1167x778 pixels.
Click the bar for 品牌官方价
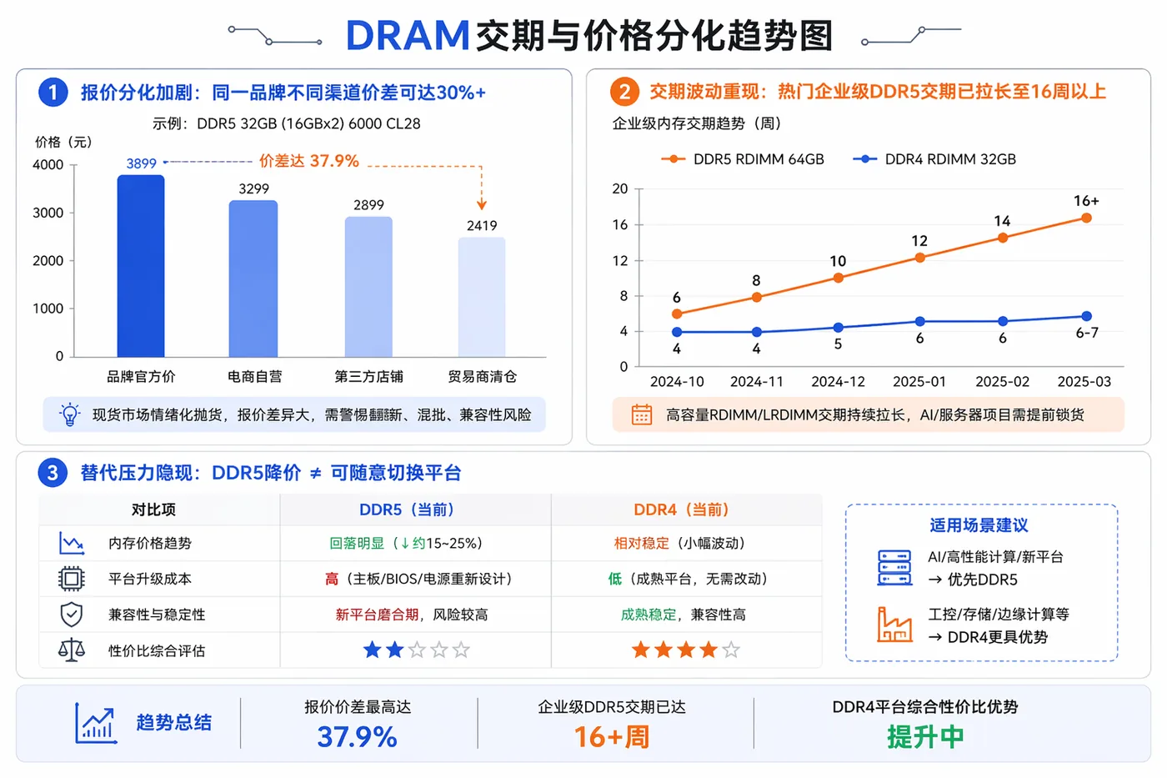coord(141,266)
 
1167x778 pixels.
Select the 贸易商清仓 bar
coord(482,297)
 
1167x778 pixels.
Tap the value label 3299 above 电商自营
coord(253,188)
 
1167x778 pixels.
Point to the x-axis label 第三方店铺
coord(368,376)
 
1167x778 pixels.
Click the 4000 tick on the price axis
coord(48,164)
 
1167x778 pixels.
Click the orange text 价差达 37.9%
coord(309,161)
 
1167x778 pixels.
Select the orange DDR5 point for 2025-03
coord(1086,218)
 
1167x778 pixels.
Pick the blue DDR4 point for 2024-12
coord(838,327)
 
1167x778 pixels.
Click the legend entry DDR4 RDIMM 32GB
coord(934,159)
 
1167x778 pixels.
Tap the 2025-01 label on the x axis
coord(919,381)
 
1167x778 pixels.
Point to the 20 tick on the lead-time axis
coord(620,188)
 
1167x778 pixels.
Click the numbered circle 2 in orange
coord(624,92)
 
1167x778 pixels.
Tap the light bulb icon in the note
coord(69,414)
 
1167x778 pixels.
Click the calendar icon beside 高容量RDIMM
coord(641,414)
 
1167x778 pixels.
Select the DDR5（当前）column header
coord(407,509)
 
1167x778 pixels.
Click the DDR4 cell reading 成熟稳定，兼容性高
coord(683,615)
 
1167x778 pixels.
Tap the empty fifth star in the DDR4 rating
coord(731,650)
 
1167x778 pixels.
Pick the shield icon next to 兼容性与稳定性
coord(72,615)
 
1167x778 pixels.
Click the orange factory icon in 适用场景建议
coord(894,625)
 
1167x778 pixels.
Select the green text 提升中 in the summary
coord(925,737)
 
